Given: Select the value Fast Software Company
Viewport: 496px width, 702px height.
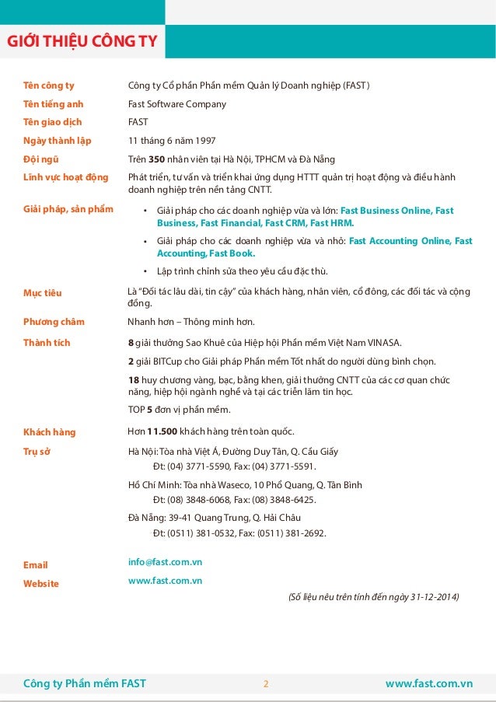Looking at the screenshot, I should pyautogui.click(x=176, y=103).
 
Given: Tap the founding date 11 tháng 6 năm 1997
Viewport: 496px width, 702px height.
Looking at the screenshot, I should pyautogui.click(x=172, y=141).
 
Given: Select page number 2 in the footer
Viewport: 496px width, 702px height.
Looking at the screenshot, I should pyautogui.click(x=265, y=684).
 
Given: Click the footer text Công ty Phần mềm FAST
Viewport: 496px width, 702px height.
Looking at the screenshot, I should pyautogui.click(x=85, y=684).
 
